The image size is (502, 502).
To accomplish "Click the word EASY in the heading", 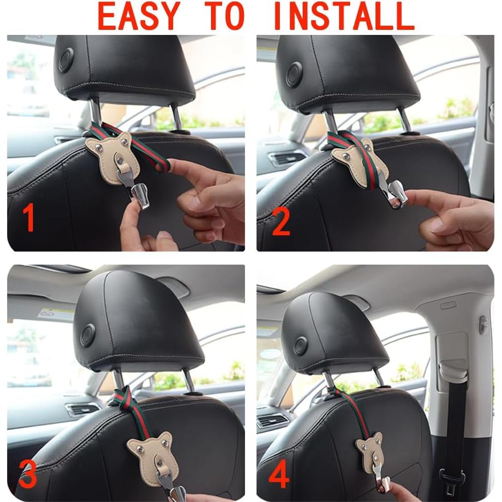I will (x=139, y=17).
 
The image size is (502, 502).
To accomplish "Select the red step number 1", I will (x=29, y=218).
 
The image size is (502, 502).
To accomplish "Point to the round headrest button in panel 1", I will (x=66, y=61).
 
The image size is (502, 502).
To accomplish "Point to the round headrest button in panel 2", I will (x=294, y=74).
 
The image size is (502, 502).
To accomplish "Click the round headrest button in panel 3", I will (x=88, y=335).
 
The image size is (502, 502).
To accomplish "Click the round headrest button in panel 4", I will (x=300, y=346).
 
